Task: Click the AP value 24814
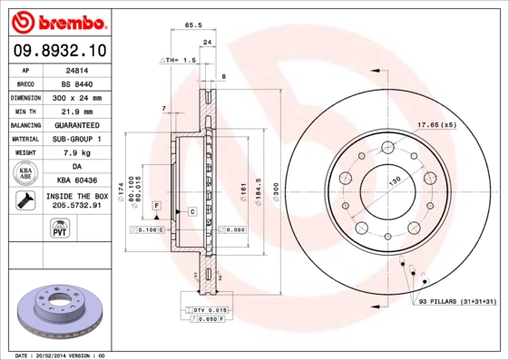(78, 69)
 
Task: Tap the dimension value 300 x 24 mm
(78, 97)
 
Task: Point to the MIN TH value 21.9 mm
(78, 111)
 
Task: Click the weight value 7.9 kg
(78, 153)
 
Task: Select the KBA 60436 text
(78, 181)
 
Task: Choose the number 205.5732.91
(78, 207)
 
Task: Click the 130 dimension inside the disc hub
(395, 180)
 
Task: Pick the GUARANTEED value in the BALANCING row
(78, 125)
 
